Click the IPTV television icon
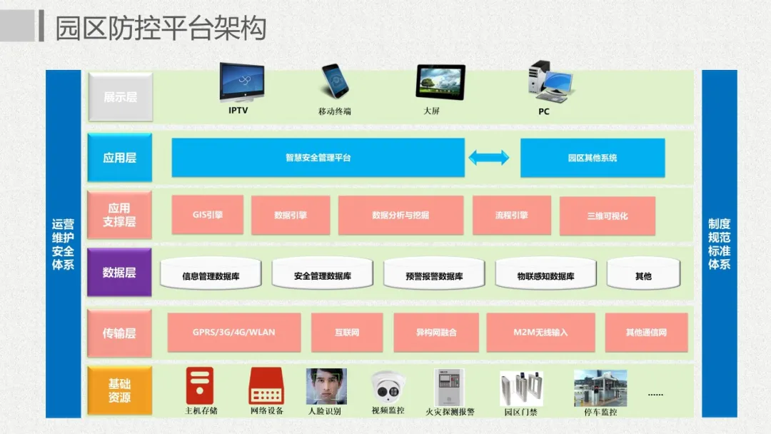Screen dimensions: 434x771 click(241, 84)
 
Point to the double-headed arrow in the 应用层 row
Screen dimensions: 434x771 click(489, 158)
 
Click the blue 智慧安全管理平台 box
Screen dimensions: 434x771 click(318, 158)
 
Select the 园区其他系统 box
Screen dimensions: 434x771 click(592, 158)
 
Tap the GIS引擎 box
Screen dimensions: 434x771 click(208, 215)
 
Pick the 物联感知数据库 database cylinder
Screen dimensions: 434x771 click(545, 275)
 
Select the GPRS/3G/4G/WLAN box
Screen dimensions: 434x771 click(233, 332)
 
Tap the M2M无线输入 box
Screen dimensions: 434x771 click(540, 332)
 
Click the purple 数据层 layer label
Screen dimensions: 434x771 click(119, 272)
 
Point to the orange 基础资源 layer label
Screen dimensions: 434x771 click(119, 390)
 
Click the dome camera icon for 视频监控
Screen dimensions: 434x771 click(388, 388)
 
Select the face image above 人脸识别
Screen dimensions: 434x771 click(325, 386)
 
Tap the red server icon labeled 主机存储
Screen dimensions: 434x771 click(200, 385)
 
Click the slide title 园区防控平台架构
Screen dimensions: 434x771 click(161, 28)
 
